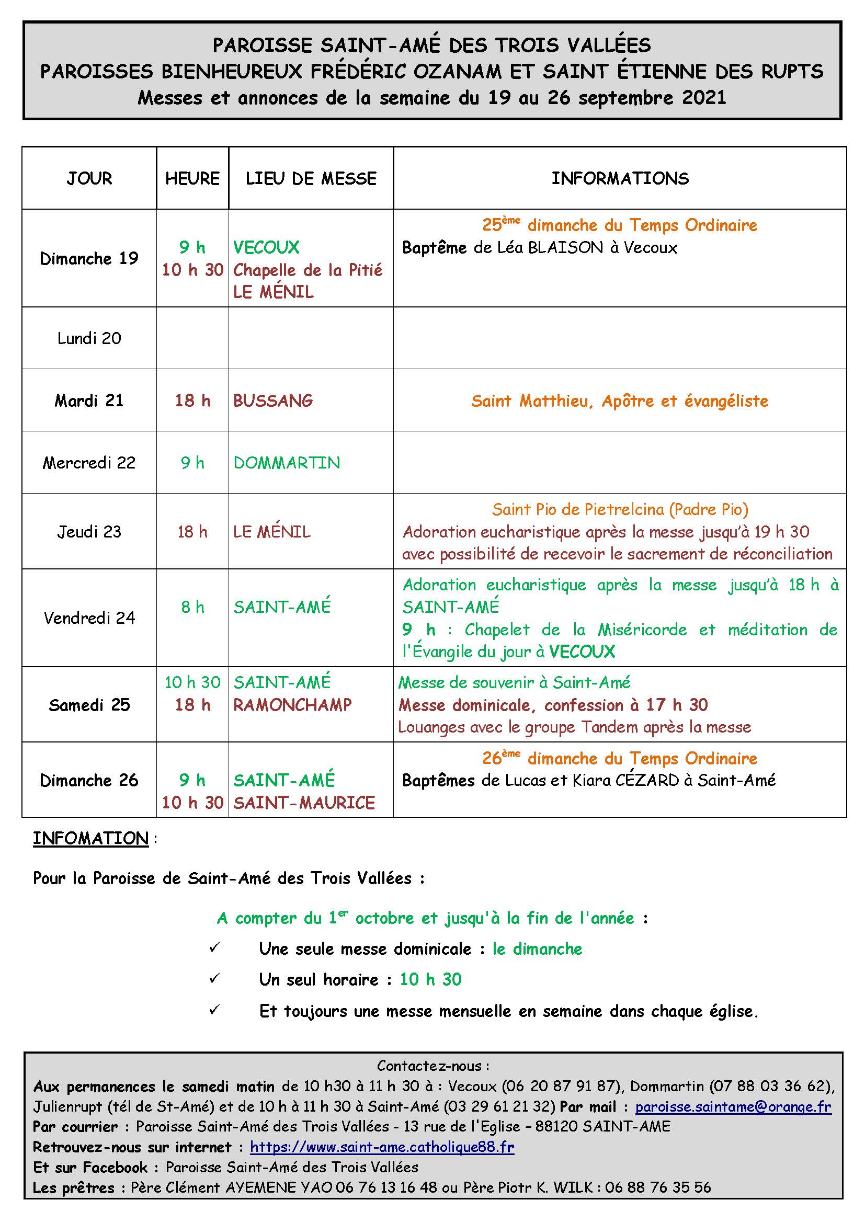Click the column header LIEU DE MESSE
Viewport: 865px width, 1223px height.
[311, 178]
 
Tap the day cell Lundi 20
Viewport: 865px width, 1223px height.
[89, 338]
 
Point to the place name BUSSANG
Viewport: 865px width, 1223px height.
[272, 401]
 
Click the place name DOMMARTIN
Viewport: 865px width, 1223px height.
[287, 463]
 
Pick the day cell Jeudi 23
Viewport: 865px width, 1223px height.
[89, 532]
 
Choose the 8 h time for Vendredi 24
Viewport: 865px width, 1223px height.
[192, 607]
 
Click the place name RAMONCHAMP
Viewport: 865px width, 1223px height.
[292, 705]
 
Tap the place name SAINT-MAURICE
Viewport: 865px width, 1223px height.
[304, 803]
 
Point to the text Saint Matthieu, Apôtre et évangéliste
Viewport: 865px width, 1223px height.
[619, 401]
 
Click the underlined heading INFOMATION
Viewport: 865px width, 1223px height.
[90, 838]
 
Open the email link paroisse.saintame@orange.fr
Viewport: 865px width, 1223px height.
[733, 1107]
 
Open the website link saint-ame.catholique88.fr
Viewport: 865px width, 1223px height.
[382, 1147]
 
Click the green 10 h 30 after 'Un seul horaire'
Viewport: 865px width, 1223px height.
[430, 979]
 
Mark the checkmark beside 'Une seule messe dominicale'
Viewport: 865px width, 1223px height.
[214, 948]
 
